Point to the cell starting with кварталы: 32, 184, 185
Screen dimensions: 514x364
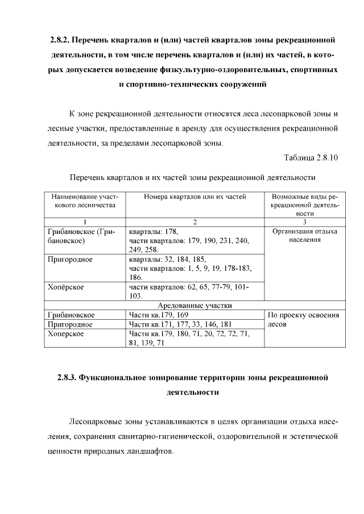(x=190, y=268)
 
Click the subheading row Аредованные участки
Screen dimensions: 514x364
(x=194, y=306)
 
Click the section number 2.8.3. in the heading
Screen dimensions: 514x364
(x=67, y=378)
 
